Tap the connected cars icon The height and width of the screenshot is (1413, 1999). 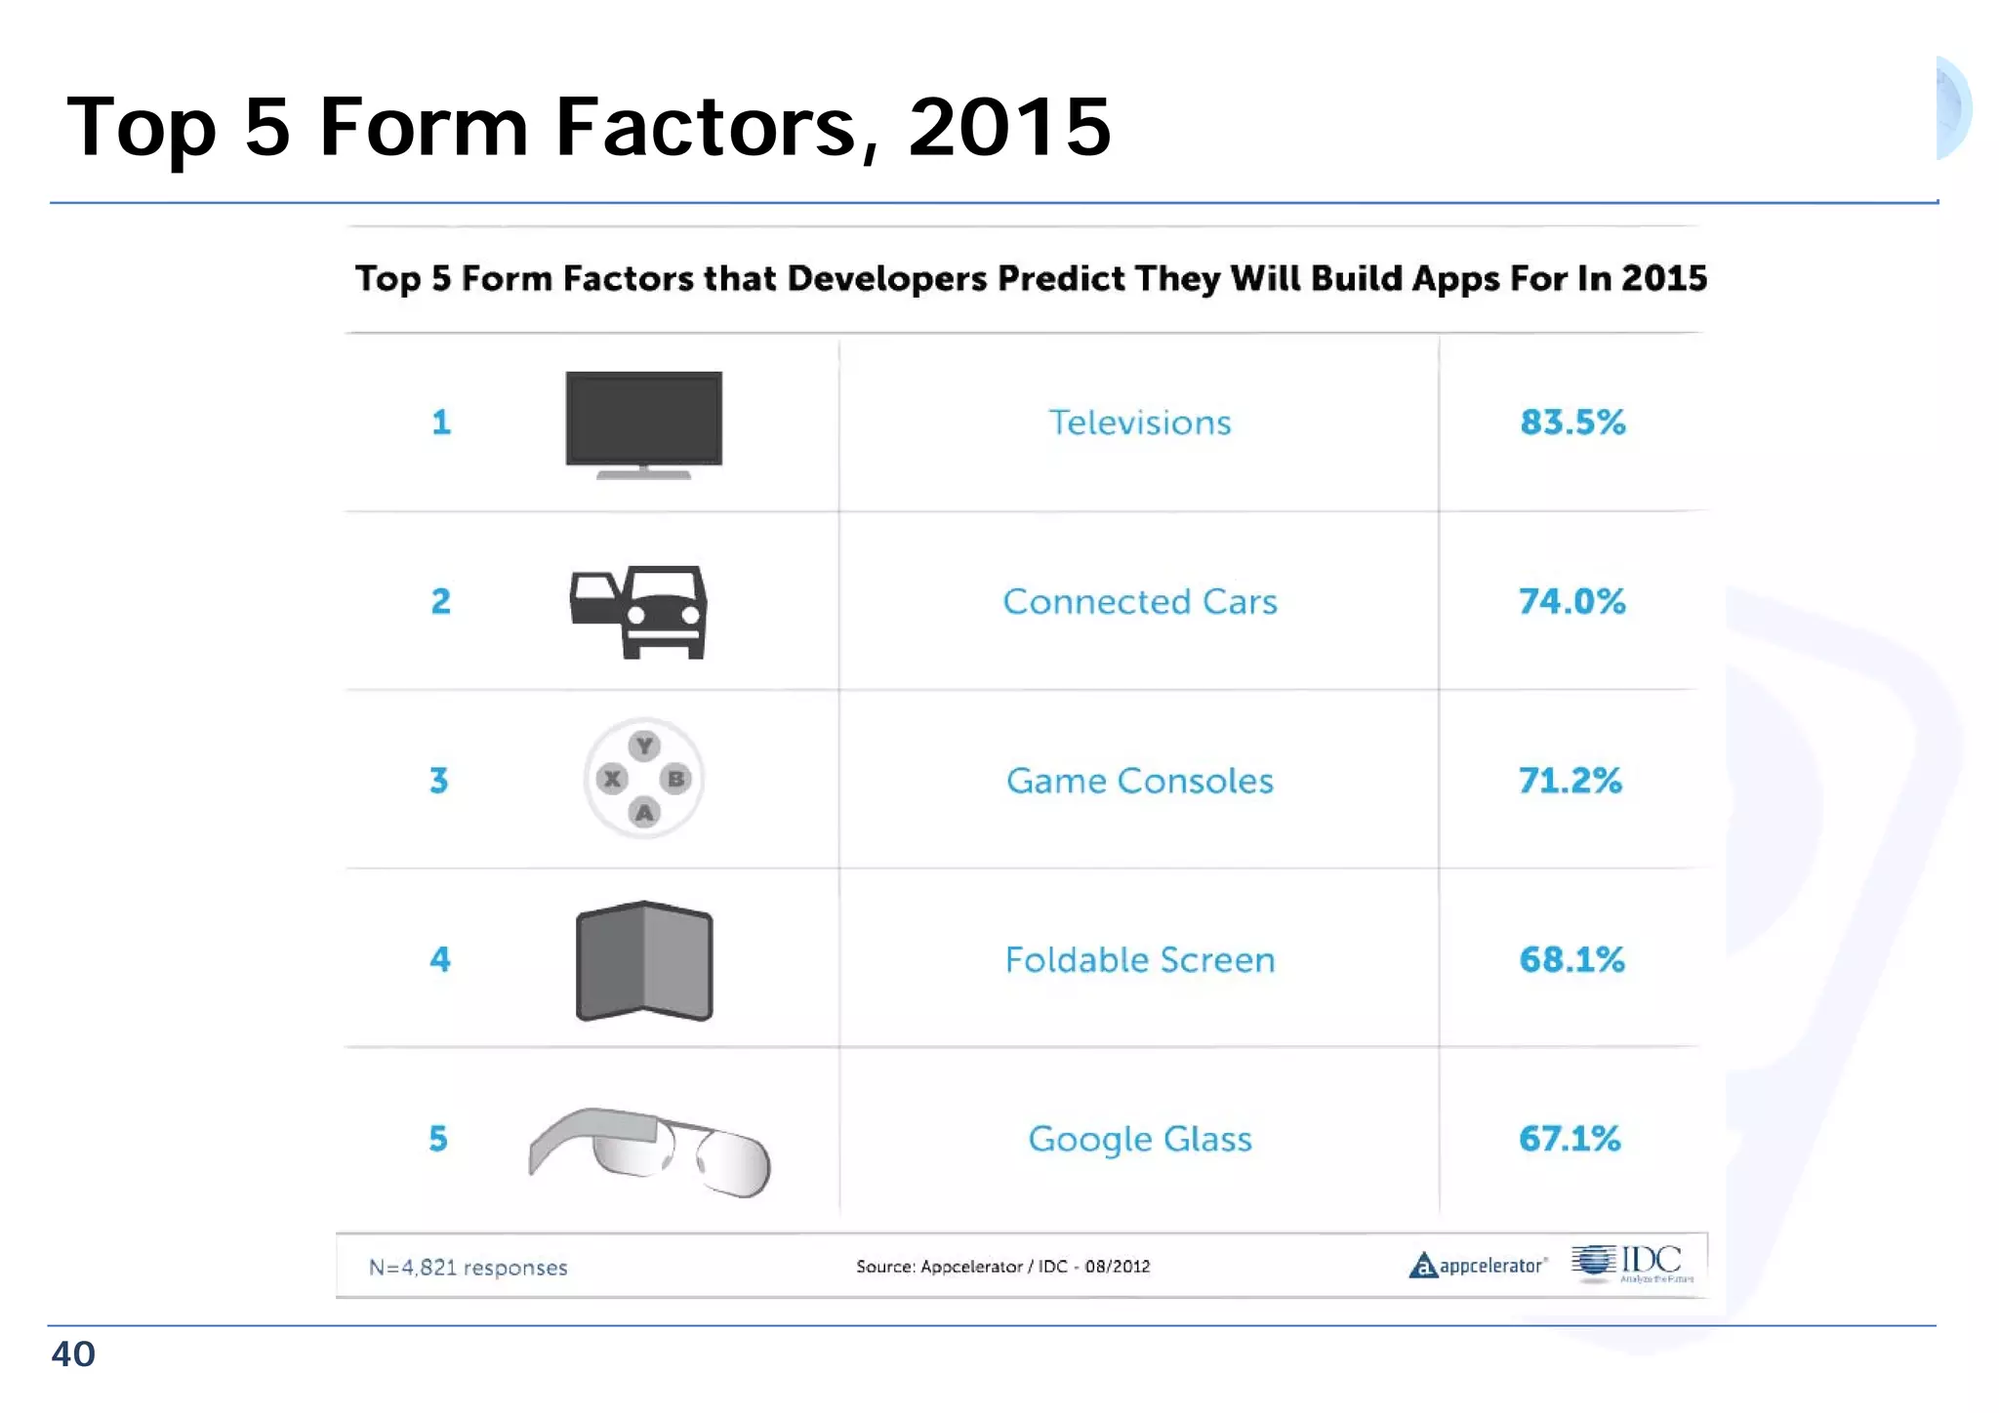tap(639, 611)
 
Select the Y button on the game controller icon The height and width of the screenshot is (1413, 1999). tap(644, 747)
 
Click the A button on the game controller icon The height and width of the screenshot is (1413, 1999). tap(644, 812)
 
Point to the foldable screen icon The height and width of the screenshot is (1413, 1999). tap(644, 961)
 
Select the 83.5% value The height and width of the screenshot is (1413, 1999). tap(1572, 423)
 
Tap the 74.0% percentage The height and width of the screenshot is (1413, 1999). tap(1571, 601)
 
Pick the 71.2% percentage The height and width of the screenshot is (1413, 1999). tap(1570, 781)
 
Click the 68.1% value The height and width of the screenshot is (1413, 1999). tap(1571, 959)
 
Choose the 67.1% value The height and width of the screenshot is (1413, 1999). tap(1570, 1139)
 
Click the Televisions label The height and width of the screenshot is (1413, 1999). tap(1139, 423)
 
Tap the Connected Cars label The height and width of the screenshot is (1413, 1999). tap(1139, 602)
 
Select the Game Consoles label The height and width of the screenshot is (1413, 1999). tap(1139, 781)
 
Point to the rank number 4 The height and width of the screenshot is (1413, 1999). tap(440, 959)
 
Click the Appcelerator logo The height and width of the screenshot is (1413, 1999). tap(1478, 1266)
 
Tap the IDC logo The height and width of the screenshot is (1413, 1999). tap(1632, 1263)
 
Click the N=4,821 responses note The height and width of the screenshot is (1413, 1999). tap(468, 1268)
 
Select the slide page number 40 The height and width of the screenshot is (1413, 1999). tap(73, 1354)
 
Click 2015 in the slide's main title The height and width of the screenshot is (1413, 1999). tap(1009, 127)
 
